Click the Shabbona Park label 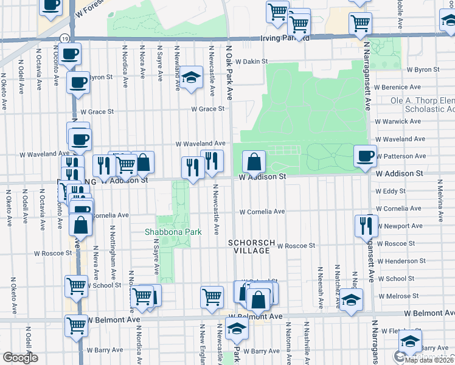[167, 232]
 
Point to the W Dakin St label [252, 61]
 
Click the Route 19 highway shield [64, 38]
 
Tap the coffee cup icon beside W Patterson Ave [365, 156]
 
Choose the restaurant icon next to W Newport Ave [366, 225]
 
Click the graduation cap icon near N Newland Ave [191, 77]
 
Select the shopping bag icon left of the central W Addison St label [254, 162]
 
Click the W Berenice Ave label [398, 88]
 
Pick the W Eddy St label [390, 191]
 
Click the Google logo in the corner [20, 358]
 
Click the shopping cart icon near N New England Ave [212, 297]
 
